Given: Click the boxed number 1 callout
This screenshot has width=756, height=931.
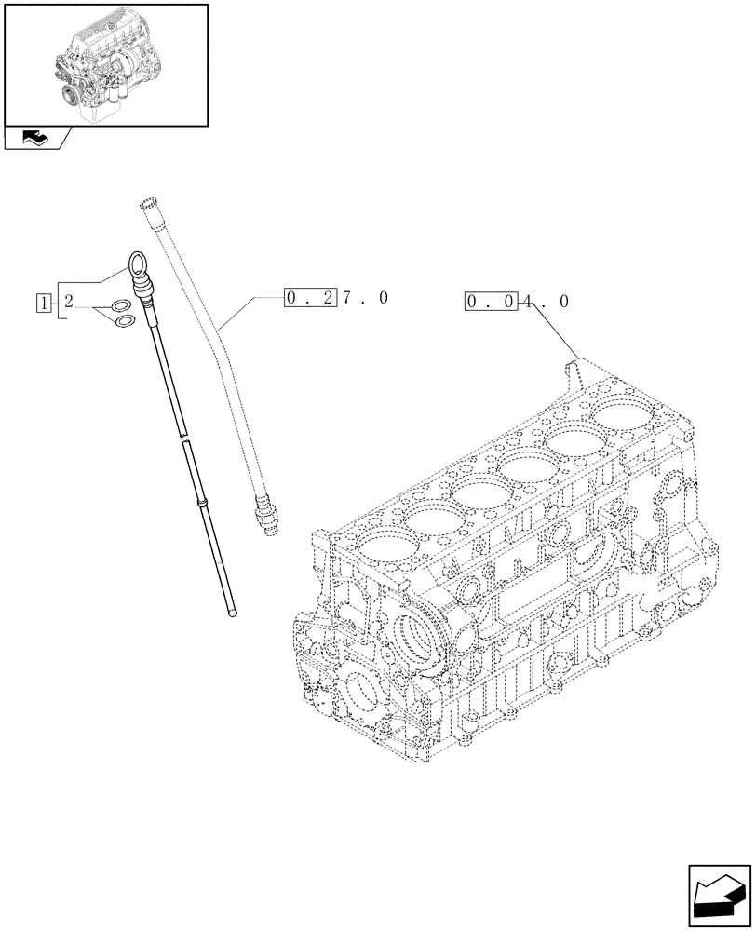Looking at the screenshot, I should click(43, 302).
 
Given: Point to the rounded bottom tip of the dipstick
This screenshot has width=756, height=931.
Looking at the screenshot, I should click(233, 611).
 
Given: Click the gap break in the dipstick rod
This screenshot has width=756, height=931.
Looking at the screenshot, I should click(182, 439).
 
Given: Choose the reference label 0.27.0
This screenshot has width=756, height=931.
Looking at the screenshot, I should click(336, 298).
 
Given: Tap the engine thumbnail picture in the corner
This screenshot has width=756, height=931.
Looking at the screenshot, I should click(105, 64).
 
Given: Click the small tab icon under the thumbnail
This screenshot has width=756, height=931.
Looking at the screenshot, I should click(36, 139).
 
